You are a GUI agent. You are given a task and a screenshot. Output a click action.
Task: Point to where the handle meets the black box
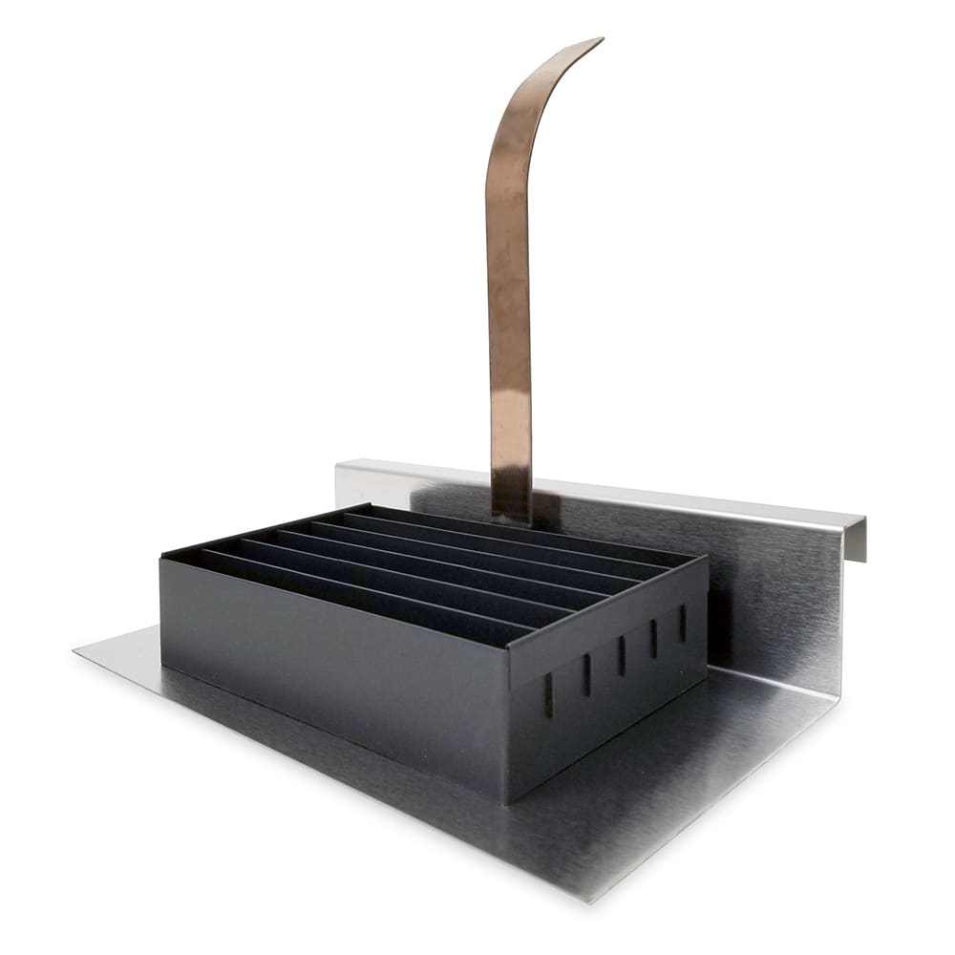point(513,516)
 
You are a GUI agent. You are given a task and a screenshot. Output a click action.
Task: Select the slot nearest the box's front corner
point(548,695)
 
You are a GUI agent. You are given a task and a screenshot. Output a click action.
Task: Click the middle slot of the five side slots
point(621,656)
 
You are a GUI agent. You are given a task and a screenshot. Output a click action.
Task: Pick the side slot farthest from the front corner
point(683,623)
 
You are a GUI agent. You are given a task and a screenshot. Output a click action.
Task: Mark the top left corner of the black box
point(162,556)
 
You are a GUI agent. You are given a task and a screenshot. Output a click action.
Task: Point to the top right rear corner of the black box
point(707,559)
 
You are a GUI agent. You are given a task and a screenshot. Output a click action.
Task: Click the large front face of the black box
point(334,668)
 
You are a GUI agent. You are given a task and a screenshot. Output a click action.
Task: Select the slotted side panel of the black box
point(611,688)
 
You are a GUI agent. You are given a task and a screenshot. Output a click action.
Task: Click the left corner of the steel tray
point(76,651)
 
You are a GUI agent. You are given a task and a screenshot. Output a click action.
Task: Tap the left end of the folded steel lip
point(339,468)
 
